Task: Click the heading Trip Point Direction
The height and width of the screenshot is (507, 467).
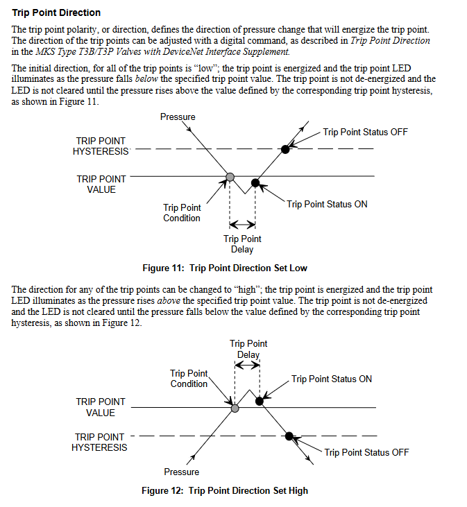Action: (56, 12)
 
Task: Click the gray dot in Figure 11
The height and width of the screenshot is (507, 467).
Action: (230, 176)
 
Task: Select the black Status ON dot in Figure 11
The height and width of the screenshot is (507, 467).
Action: (255, 182)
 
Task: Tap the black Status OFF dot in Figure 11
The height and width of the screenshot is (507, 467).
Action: (285, 148)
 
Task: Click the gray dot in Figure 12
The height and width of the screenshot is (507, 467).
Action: (235, 408)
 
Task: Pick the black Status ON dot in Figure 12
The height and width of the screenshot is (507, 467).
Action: (260, 401)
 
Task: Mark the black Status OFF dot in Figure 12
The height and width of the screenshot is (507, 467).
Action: (289, 436)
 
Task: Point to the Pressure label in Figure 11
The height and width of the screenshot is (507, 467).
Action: (178, 117)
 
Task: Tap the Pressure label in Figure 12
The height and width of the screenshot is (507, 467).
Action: (182, 472)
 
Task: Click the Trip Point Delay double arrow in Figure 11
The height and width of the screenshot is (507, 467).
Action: (242, 224)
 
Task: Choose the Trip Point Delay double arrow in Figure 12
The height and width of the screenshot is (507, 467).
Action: (247, 365)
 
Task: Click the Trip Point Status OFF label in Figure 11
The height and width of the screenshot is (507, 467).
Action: (365, 132)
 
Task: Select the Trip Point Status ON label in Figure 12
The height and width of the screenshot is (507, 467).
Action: (331, 379)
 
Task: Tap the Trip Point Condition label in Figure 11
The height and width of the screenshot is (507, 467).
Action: (182, 213)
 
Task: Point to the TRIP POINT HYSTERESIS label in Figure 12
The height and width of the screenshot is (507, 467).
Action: (99, 442)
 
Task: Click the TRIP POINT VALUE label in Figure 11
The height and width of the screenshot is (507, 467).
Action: (101, 184)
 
